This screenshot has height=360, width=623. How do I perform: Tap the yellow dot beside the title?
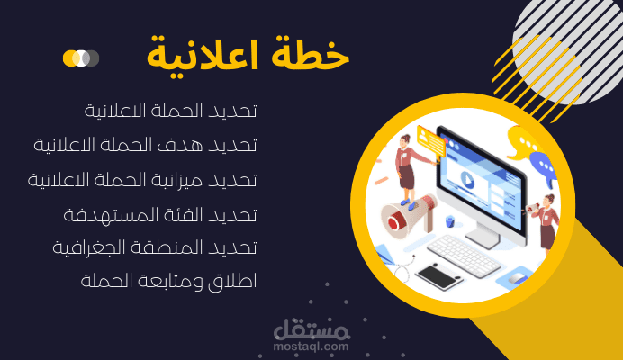tap(70, 58)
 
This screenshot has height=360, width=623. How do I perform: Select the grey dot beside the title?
tap(91, 58)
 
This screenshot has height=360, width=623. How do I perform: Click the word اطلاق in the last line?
tap(237, 281)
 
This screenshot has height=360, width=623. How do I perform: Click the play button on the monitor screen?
tap(466, 177)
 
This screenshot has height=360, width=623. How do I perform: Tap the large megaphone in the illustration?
tap(405, 215)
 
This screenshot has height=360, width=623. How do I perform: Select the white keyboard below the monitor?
tap(463, 254)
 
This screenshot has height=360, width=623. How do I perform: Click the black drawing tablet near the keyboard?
tap(438, 274)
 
